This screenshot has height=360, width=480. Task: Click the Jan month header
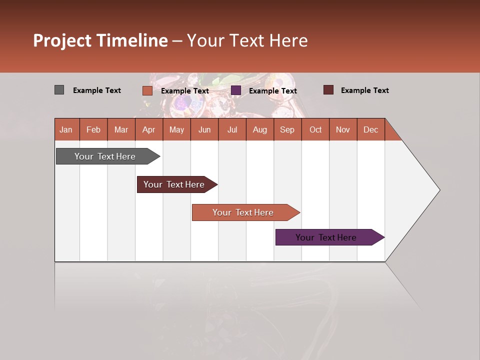[x=66, y=129]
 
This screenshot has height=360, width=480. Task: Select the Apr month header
[x=149, y=129]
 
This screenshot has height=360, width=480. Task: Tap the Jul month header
[x=232, y=129]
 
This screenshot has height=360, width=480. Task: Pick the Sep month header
[x=287, y=129]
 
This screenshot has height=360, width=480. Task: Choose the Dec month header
[x=370, y=129]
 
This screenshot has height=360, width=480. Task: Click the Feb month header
[x=93, y=129]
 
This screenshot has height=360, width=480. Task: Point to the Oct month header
[x=315, y=129]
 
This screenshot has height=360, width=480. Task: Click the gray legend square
[x=59, y=90]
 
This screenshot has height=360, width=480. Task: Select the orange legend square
[x=147, y=90]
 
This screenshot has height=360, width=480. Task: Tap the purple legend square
[x=236, y=90]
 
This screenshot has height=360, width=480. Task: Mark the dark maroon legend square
[x=328, y=90]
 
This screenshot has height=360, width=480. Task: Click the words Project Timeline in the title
[x=100, y=40]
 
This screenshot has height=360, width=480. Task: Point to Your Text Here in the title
[x=247, y=40]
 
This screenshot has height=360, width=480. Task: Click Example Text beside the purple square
[x=273, y=91]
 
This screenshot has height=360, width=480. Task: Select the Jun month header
[x=204, y=129]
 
